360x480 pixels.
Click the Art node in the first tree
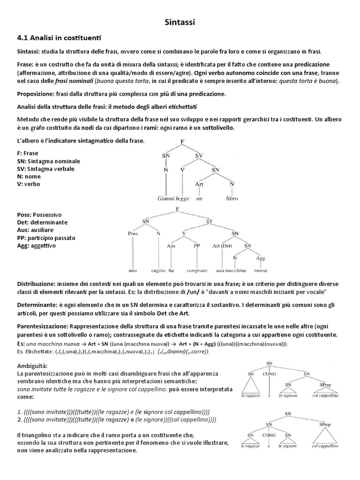[x=200, y=185]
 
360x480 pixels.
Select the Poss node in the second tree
[x=133, y=233]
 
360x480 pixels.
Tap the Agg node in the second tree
[x=261, y=258]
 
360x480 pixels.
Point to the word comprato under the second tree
[x=196, y=270]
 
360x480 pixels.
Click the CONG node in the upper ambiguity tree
[x=269, y=375]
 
